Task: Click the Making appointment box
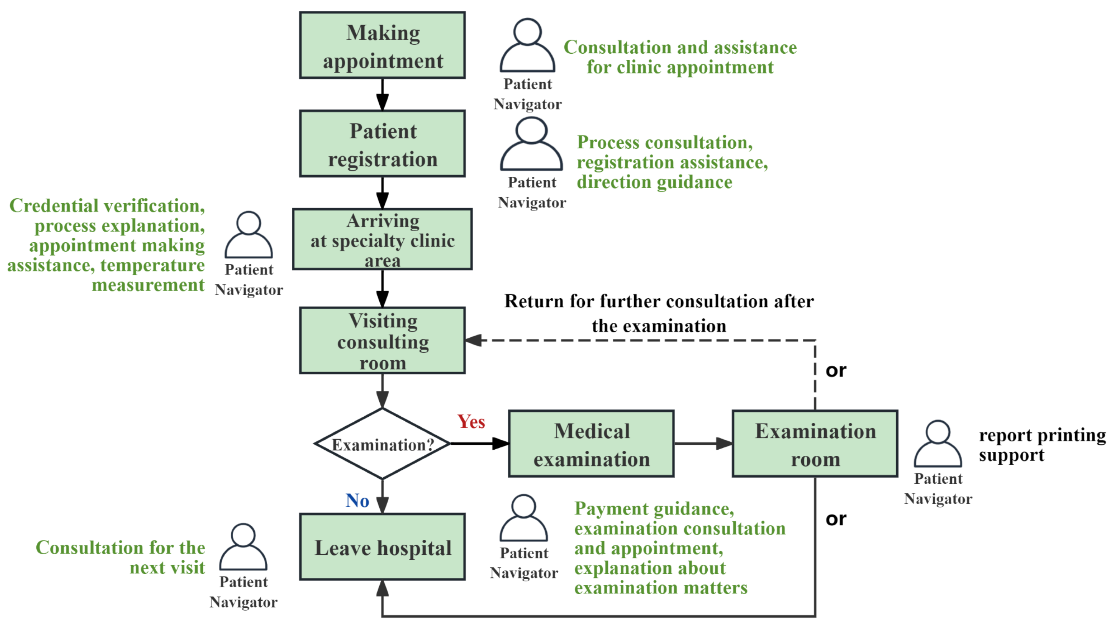pos(382,45)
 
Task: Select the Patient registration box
pos(382,144)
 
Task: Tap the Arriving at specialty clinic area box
pos(382,240)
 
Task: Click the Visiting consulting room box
pos(382,340)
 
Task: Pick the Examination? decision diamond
pos(382,444)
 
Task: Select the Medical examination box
pos(591,444)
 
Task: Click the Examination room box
pos(815,444)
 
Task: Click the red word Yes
pos(471,422)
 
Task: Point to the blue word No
pos(357,501)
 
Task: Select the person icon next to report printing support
pos(938,444)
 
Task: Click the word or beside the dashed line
pos(836,371)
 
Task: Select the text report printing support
pos(1042,445)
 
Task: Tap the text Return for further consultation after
pos(659,301)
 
